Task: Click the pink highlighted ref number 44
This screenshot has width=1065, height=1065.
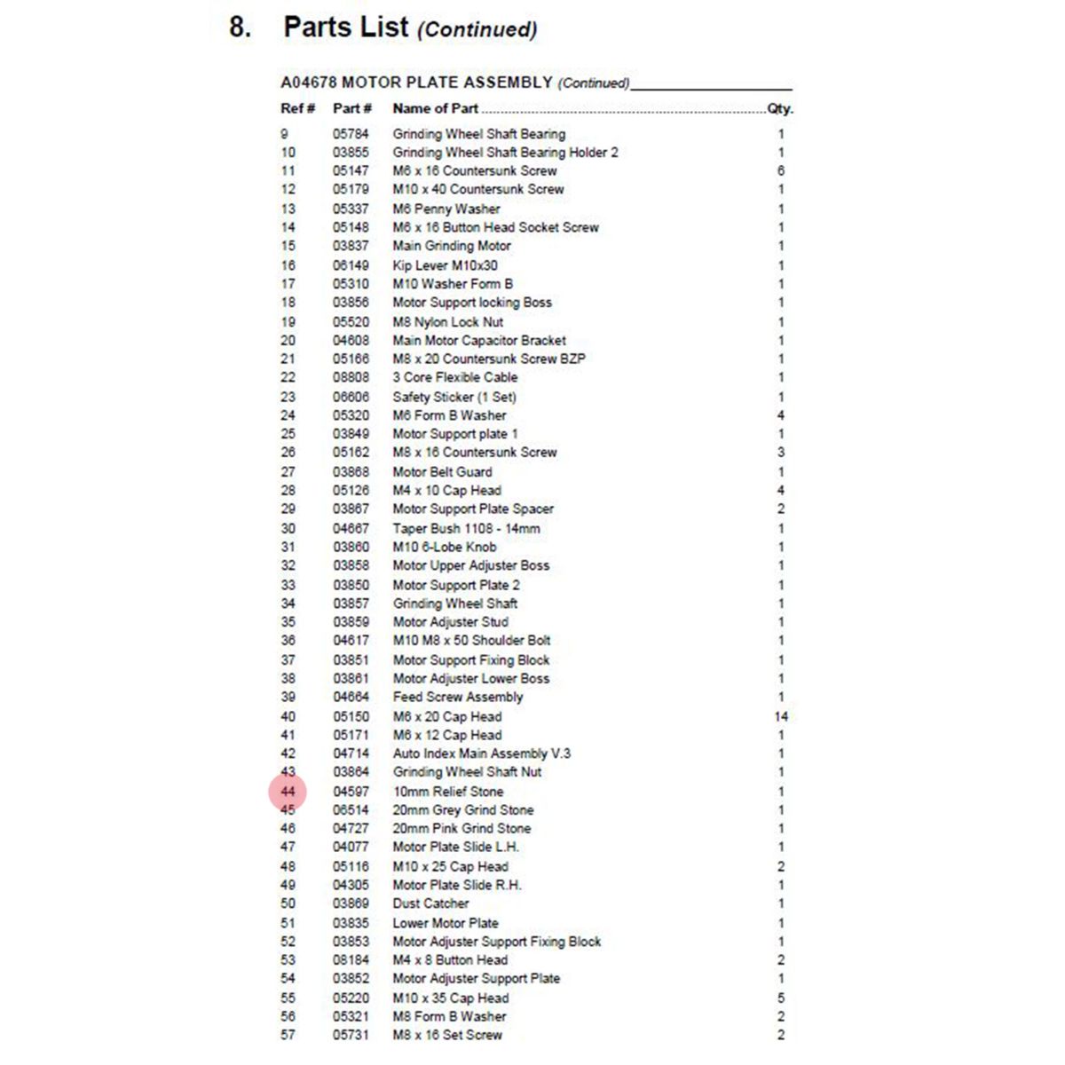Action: [x=288, y=792]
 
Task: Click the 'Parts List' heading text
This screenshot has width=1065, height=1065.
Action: [x=346, y=28]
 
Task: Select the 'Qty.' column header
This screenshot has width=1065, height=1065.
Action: [x=780, y=108]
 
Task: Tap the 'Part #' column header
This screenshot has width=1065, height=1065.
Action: [x=351, y=108]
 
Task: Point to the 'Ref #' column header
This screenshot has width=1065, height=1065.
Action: [x=297, y=108]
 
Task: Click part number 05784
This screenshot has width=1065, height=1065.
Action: [x=351, y=134]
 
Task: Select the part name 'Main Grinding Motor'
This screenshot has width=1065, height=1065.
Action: [x=452, y=246]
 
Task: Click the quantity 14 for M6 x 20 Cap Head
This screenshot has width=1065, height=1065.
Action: [x=781, y=716]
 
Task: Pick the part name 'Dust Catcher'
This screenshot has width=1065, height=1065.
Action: [x=430, y=903]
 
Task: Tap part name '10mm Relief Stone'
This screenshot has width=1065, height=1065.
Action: [x=448, y=792]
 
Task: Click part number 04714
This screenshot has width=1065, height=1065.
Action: [x=351, y=753]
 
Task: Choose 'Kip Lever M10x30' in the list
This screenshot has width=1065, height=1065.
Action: [x=445, y=265]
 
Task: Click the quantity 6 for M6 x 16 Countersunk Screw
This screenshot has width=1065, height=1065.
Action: [x=781, y=171]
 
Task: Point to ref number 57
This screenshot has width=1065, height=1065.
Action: [x=288, y=1035]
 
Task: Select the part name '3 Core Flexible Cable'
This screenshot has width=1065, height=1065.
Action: [x=454, y=377]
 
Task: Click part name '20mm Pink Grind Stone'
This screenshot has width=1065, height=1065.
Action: [x=461, y=828]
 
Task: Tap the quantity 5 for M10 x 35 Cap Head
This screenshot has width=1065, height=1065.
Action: [x=781, y=998]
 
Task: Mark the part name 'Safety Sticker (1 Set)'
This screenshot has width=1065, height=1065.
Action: [x=454, y=397]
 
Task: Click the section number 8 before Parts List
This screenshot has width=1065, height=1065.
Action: [x=239, y=28]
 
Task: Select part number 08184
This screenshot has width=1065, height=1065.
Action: [x=351, y=960]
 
